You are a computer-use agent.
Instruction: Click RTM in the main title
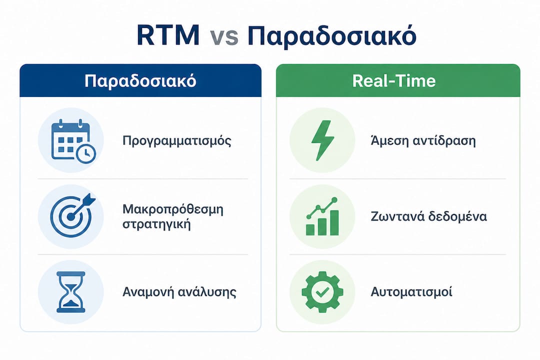168,35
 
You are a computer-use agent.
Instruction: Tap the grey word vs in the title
224,36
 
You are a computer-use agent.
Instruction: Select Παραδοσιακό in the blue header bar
140,81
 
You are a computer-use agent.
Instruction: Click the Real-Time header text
394,81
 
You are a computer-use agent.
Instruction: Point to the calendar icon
73,140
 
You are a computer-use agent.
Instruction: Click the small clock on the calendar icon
86,153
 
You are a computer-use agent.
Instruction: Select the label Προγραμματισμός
177,141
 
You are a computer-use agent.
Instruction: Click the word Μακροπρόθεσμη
173,209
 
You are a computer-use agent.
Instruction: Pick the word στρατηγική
156,224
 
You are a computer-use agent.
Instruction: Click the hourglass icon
71,292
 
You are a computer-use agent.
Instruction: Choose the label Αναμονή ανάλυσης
179,292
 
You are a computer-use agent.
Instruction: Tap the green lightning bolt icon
322,140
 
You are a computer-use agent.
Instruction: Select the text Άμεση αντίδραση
423,141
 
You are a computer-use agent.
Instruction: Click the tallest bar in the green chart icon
334,223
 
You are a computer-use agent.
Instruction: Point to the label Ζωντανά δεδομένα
429,216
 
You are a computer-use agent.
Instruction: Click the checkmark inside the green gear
322,292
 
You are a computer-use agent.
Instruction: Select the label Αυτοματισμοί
411,292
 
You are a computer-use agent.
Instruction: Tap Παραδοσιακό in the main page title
332,36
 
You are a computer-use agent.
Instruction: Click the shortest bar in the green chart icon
310,229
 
